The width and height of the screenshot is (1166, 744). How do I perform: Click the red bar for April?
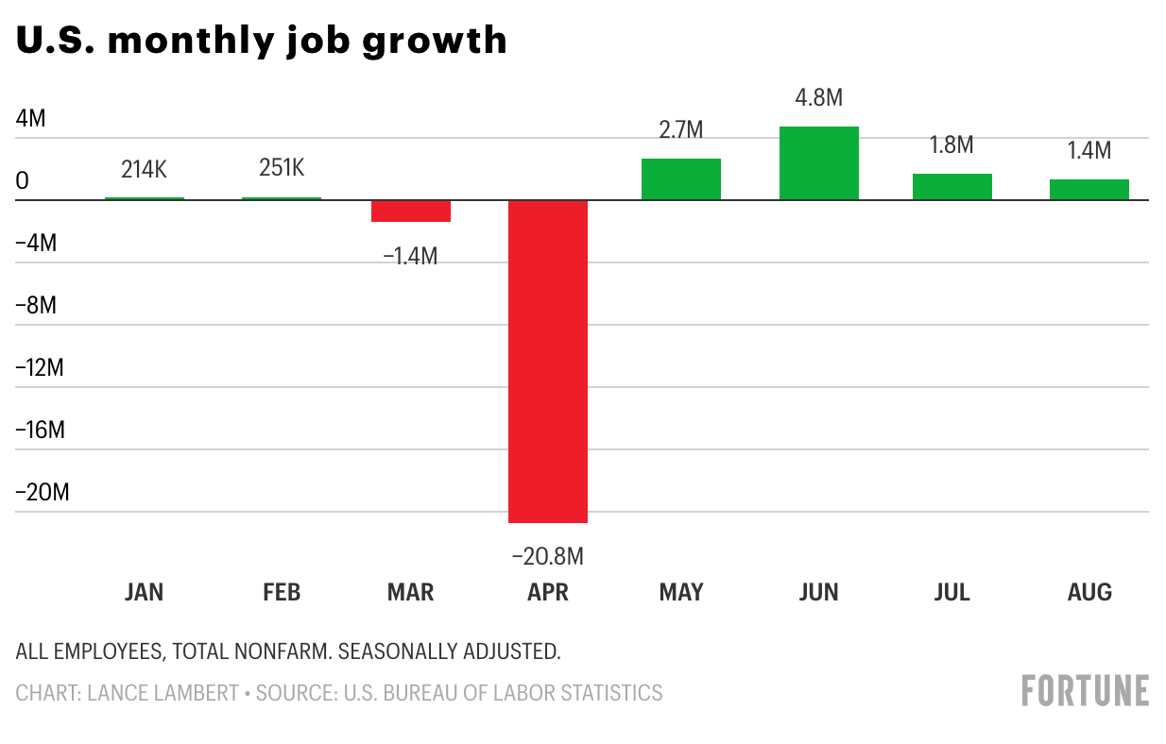(x=548, y=361)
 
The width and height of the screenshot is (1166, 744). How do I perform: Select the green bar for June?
(x=819, y=163)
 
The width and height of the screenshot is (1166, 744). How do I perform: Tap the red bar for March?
(x=411, y=211)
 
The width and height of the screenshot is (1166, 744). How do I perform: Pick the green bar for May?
(x=681, y=179)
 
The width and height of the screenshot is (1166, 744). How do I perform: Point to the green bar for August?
(x=1089, y=190)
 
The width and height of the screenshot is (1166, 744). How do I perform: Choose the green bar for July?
(x=952, y=187)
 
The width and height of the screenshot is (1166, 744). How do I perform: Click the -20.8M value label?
(x=548, y=557)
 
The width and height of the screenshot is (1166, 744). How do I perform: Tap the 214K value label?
(x=144, y=170)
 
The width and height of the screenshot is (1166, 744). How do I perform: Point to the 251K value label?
(x=282, y=168)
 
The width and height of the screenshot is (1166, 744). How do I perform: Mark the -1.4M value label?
(x=411, y=255)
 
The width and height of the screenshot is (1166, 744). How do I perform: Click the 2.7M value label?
(x=681, y=130)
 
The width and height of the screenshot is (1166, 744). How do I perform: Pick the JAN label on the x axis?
(x=144, y=593)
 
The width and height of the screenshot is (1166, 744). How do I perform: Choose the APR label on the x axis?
(x=548, y=593)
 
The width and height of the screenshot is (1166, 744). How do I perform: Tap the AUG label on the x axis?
(x=1089, y=593)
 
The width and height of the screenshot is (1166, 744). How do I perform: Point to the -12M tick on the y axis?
(x=40, y=368)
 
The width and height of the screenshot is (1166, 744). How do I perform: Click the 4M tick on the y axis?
(x=30, y=119)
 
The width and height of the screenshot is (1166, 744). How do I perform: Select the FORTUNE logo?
(x=1085, y=691)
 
